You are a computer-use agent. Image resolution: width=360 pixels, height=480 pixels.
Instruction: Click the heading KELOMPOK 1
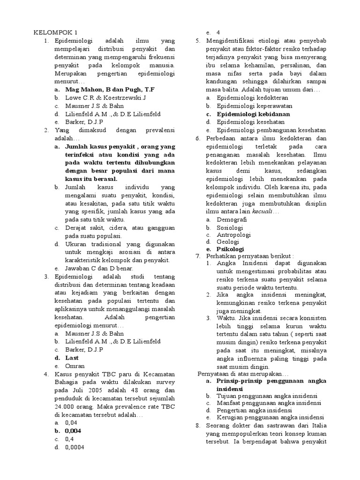coord(55,32)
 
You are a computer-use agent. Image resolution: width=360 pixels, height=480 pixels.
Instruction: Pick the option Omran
coord(74,366)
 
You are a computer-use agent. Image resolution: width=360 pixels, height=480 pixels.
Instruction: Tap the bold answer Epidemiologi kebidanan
coord(253,114)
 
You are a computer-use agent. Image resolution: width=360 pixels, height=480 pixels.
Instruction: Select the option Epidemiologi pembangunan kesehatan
coord(271,130)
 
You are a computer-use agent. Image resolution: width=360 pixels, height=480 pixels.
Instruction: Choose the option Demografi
coord(232,219)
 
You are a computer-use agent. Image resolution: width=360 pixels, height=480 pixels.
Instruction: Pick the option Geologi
coord(228,241)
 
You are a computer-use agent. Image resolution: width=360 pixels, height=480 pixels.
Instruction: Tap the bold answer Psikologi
coord(230,249)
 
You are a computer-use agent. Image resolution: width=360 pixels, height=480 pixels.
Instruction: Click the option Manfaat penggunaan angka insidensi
coord(269,403)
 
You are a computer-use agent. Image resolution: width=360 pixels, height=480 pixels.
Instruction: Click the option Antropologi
coord(233,234)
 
